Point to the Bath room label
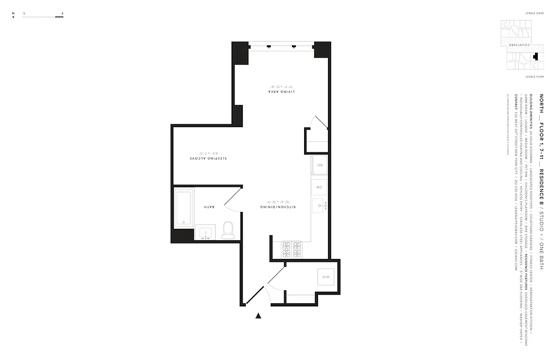point(209,207)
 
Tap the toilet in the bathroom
point(228,230)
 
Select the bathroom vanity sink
point(206,233)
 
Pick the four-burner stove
point(291,250)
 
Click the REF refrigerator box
point(320,165)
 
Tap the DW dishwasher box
point(319,186)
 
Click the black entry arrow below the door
point(258,316)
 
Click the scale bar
point(43,17)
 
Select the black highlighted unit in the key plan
point(535,57)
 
